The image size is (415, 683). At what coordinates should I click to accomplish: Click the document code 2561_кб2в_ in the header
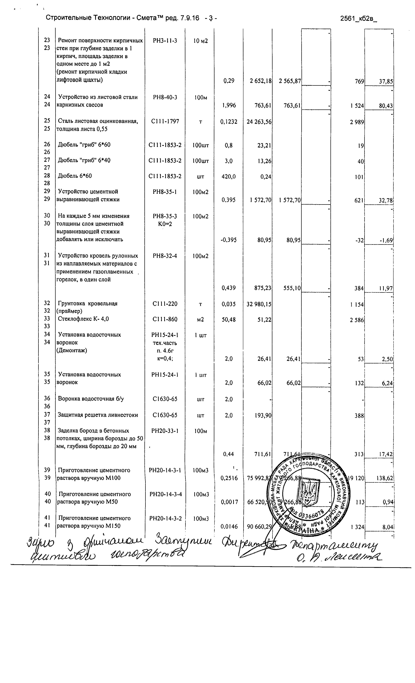[358, 19]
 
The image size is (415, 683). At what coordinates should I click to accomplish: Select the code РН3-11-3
[165, 41]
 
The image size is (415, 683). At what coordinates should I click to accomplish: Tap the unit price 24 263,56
[259, 122]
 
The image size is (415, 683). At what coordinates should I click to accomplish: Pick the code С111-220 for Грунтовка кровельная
[165, 304]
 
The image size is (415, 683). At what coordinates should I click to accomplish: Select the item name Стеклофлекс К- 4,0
[83, 319]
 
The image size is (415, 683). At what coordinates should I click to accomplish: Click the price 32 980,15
[259, 304]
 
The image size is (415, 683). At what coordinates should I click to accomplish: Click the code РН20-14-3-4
[166, 494]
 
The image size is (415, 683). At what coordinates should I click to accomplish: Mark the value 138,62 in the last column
[384, 478]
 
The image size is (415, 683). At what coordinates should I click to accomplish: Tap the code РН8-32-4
[165, 256]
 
